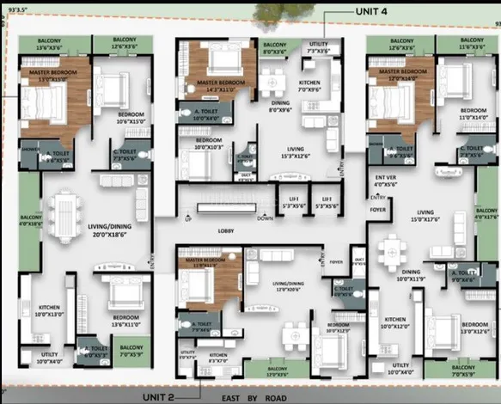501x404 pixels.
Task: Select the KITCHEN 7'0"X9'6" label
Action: tap(309, 85)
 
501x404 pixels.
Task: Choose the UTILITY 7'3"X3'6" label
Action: tap(318, 47)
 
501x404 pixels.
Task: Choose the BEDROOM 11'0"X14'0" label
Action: tap(473, 114)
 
